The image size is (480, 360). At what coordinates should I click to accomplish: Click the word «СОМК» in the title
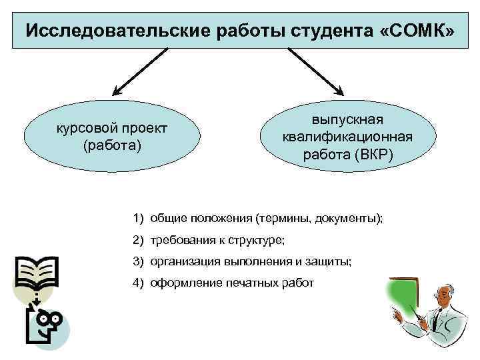(419, 31)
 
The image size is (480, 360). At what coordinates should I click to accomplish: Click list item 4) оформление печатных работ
(223, 283)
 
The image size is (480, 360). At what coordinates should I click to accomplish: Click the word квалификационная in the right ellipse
(347, 137)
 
